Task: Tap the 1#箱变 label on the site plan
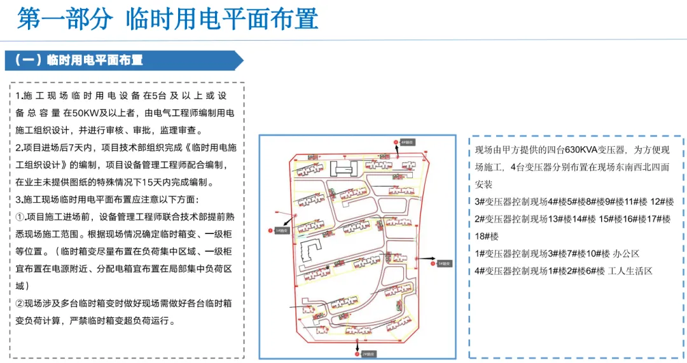coord(281,231)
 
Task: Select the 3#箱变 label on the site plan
coord(445,263)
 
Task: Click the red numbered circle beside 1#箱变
coord(271,231)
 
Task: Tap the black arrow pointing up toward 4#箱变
coord(397,151)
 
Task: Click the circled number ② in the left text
coord(20,303)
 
